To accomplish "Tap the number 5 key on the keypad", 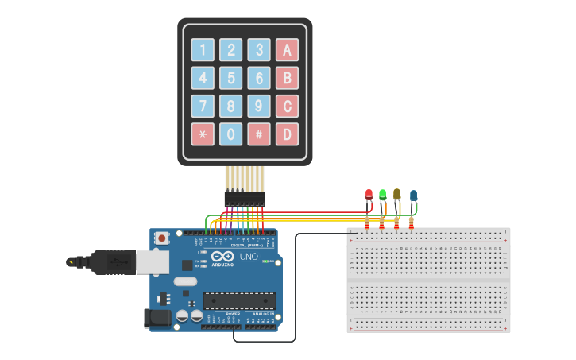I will (x=230, y=78).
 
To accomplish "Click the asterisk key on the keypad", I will (x=203, y=134).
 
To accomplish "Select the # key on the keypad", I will (x=258, y=134).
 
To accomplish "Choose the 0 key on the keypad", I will (x=230, y=134).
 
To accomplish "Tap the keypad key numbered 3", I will (x=258, y=50).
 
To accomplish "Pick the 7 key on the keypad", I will (x=203, y=106).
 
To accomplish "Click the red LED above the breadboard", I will (x=368, y=195).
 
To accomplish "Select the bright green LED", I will (x=382, y=194).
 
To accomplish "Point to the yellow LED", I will (x=396, y=194).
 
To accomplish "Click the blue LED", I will (x=413, y=195).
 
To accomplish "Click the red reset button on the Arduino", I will (x=162, y=238).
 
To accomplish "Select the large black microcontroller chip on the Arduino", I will (x=239, y=300).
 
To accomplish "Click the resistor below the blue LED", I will (x=411, y=223).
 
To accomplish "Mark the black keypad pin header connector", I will (x=244, y=198).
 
